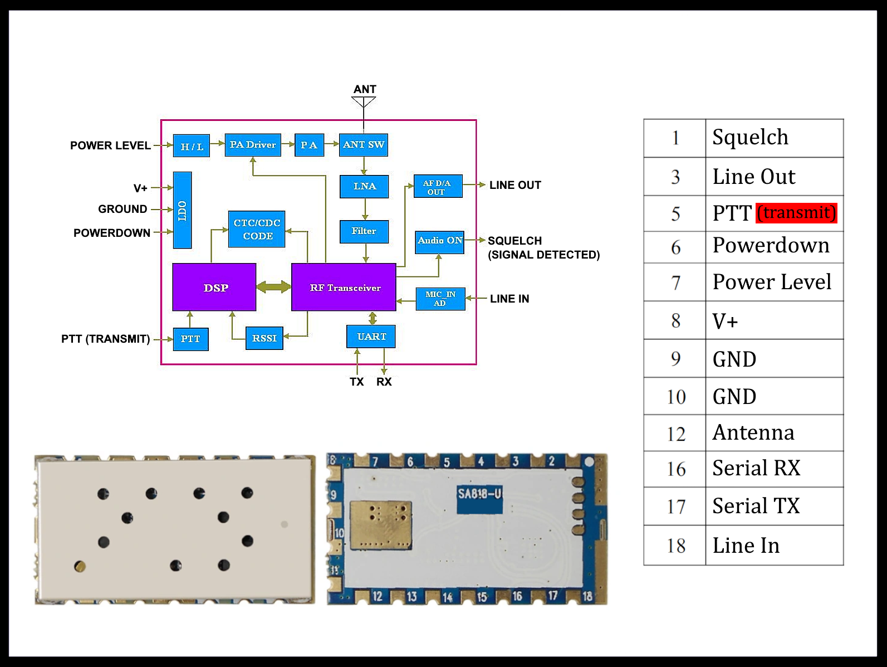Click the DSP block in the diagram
pos(214,288)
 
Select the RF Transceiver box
pos(344,288)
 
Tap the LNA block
pos(364,186)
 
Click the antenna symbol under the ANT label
pos(364,102)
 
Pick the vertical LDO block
pos(182,210)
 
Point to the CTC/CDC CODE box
pos(257,229)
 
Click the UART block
pos(371,337)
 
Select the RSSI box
pos(264,338)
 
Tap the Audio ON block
pos(440,241)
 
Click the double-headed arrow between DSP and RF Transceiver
pos(273,287)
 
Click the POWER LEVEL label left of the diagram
pos(110,145)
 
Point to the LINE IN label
pos(509,299)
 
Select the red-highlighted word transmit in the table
pos(796,213)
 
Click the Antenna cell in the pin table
pos(774,433)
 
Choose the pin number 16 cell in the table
pos(675,469)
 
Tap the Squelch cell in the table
pos(774,138)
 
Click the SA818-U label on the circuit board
pos(479,494)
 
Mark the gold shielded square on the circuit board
pos(381,524)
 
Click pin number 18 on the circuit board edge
pos(587,596)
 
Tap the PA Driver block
pos(253,145)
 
